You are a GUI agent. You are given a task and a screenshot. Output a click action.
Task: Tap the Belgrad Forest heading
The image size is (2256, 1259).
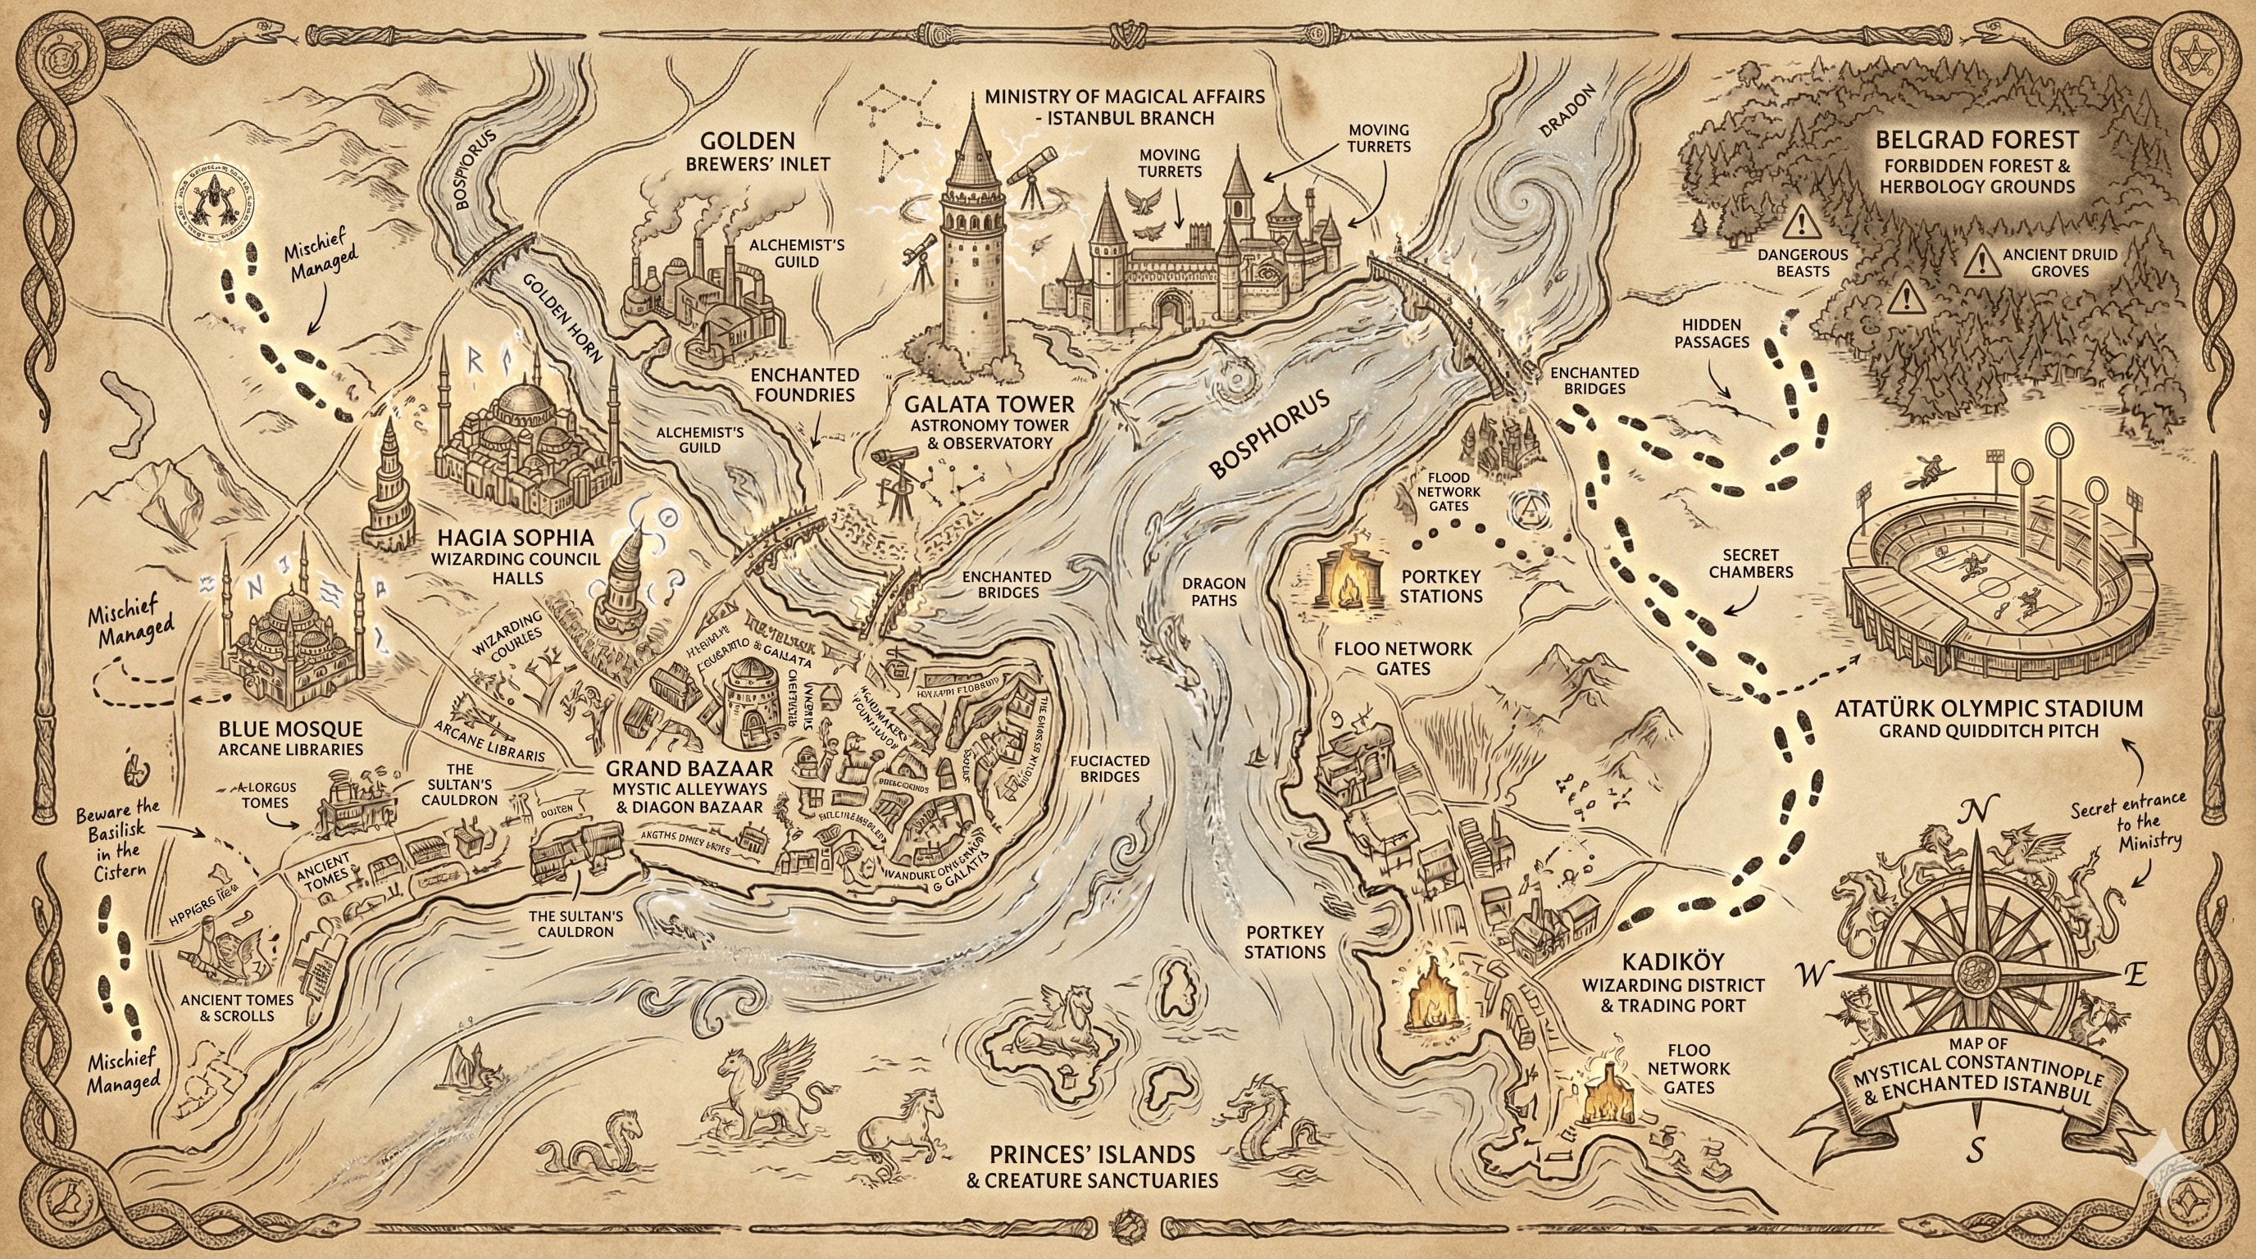tap(1976, 139)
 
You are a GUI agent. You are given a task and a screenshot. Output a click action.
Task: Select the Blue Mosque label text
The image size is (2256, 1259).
tap(290, 729)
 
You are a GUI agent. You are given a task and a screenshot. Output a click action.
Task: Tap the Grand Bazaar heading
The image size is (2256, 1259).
tap(690, 769)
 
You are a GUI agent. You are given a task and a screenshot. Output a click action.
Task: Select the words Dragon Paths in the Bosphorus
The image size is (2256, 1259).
tap(1213, 591)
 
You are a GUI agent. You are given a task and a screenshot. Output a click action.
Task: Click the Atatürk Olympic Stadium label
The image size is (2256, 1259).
tap(1988, 708)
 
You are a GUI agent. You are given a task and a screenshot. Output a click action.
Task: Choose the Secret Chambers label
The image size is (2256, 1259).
tap(1751, 563)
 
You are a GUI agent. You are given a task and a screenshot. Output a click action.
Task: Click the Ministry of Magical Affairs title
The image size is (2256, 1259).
tap(1125, 96)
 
